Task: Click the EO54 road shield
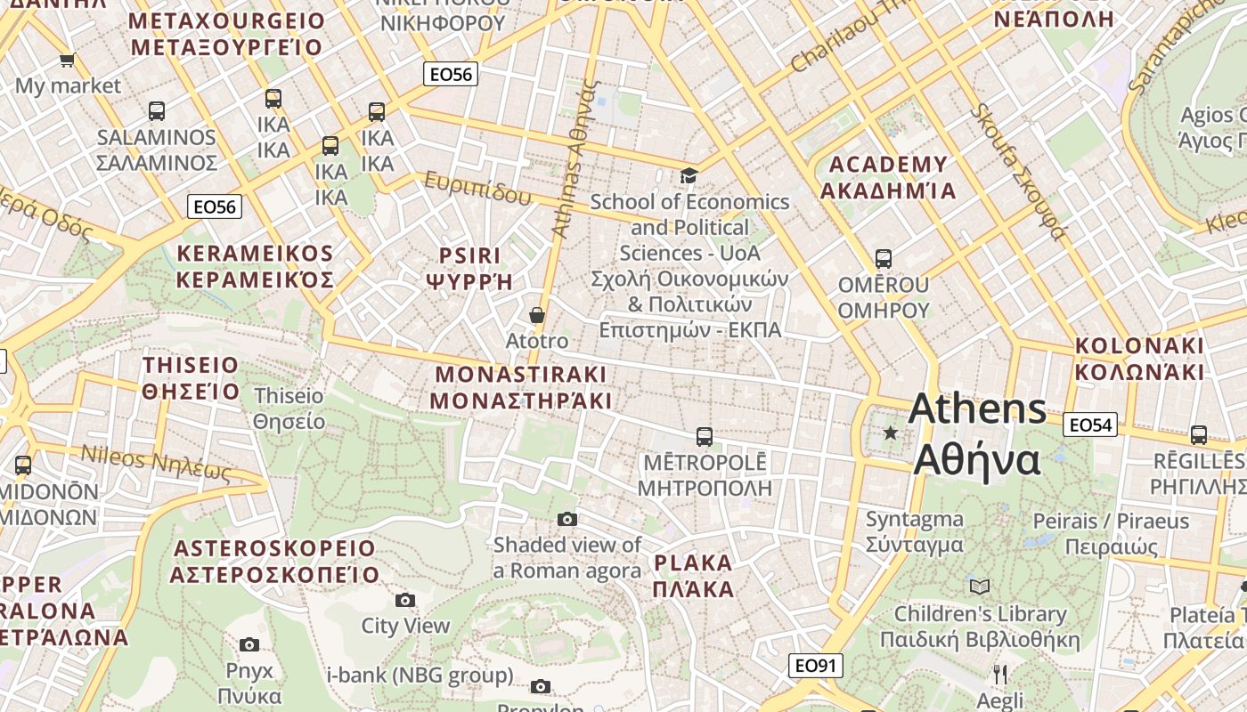(x=1090, y=425)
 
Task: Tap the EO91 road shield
(x=815, y=666)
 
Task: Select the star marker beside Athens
(x=890, y=433)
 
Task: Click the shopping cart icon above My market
(x=67, y=61)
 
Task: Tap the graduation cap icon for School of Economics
(x=689, y=175)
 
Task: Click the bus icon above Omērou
(x=883, y=259)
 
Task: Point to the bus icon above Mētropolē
(x=704, y=437)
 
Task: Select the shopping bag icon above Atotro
(x=537, y=315)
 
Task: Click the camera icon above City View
(x=405, y=600)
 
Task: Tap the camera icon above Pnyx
(x=249, y=644)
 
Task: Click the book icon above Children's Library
(x=979, y=587)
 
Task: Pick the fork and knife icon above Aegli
(x=1000, y=674)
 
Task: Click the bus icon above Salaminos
(x=157, y=111)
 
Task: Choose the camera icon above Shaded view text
(x=567, y=519)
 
